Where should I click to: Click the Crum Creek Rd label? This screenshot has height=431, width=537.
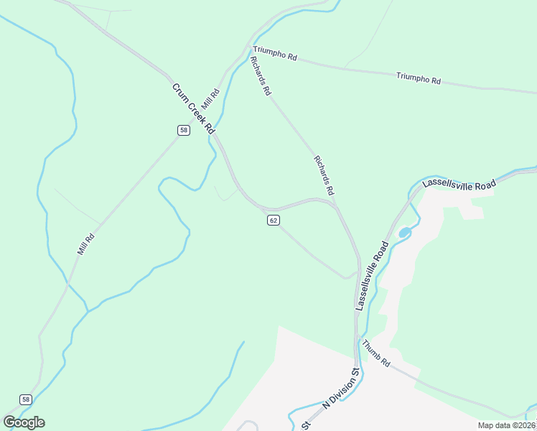(193, 108)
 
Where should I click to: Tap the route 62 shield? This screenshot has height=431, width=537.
(273, 220)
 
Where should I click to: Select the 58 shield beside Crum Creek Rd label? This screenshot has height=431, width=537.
(185, 130)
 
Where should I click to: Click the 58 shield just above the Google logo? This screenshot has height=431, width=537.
(26, 399)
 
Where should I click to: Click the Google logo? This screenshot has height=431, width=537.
(24, 422)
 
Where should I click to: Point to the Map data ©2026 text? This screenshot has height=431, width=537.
(507, 425)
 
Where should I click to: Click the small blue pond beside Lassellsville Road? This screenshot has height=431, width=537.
(404, 232)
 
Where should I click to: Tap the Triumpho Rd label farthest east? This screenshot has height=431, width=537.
(418, 78)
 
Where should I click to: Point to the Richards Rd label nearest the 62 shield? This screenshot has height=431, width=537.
(324, 176)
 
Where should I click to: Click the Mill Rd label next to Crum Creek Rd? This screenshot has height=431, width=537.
(210, 98)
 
